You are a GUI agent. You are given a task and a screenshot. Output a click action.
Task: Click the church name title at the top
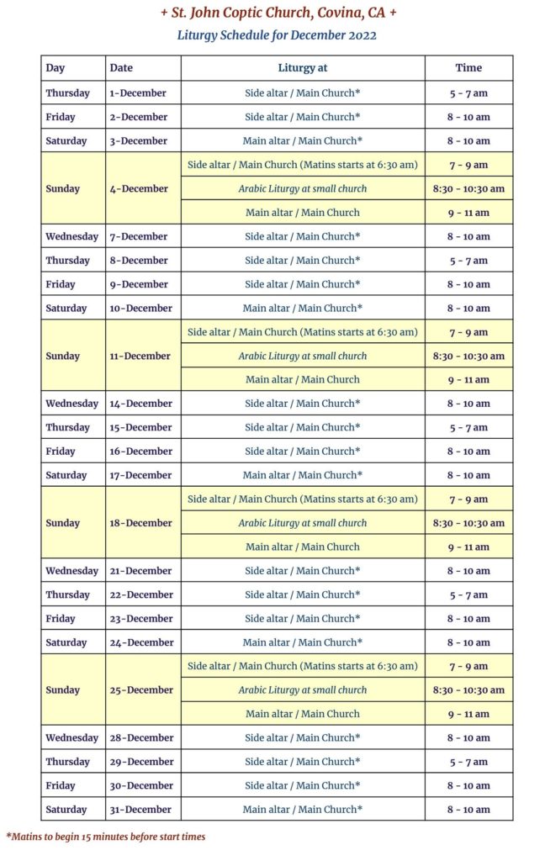[278, 13]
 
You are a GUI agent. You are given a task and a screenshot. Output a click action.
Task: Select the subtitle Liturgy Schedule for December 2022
[277, 35]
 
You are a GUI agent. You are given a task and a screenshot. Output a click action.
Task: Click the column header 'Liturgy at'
[302, 68]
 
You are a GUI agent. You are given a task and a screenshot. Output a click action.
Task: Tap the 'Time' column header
[468, 68]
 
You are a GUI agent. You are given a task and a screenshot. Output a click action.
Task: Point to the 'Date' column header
[121, 68]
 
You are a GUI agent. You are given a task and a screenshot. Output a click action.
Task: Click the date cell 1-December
[138, 92]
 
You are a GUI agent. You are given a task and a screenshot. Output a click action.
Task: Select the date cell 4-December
[139, 188]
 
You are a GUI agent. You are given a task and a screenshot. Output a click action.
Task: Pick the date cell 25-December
[140, 690]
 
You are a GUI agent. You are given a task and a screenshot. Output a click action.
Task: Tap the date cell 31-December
[140, 810]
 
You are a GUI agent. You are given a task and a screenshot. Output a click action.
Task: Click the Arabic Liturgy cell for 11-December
[302, 356]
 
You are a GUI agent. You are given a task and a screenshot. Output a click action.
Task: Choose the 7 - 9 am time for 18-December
[468, 499]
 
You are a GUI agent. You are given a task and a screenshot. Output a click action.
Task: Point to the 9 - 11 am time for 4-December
[468, 213]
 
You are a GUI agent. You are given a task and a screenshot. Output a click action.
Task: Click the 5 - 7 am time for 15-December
[468, 427]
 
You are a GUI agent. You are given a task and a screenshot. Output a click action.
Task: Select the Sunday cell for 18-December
[63, 523]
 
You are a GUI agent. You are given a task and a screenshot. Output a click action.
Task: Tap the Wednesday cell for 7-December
[71, 236]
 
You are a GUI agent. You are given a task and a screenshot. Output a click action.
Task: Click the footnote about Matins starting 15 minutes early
[106, 837]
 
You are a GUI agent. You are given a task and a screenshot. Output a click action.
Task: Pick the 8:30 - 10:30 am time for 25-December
[468, 690]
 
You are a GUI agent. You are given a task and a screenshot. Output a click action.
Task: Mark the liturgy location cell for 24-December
[302, 642]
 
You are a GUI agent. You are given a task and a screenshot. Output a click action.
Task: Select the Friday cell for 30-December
[61, 785]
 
